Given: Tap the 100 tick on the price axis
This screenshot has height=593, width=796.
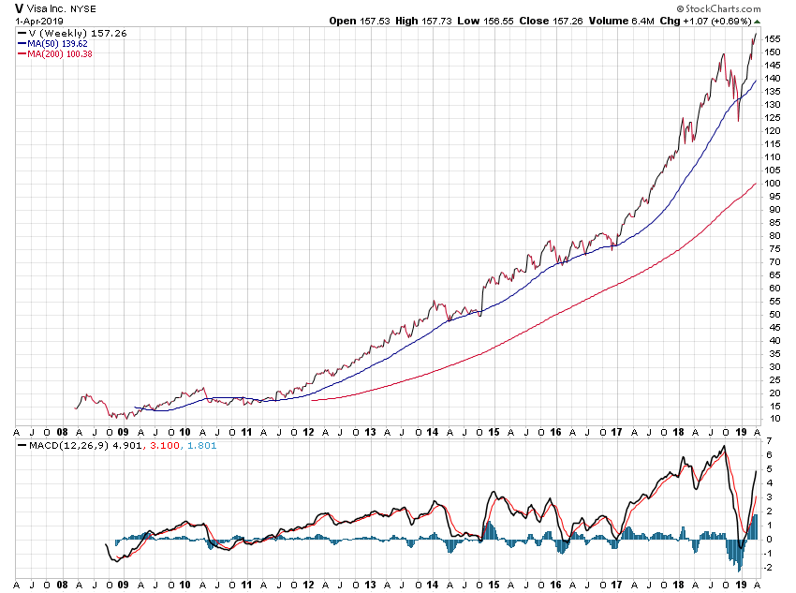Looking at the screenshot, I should pyautogui.click(x=773, y=183).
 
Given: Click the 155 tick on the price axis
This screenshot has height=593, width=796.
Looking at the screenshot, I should pyautogui.click(x=773, y=38).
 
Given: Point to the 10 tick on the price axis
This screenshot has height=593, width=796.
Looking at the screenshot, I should pyautogui.click(x=771, y=419).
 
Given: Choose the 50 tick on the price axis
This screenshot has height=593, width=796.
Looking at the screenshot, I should pyautogui.click(x=771, y=314).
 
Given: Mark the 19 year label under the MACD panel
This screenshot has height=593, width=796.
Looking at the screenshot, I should pyautogui.click(x=740, y=583).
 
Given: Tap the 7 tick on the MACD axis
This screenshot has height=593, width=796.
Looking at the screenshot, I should pyautogui.click(x=768, y=440).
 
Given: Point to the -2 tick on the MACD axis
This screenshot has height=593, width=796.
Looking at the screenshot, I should pyautogui.click(x=768, y=567).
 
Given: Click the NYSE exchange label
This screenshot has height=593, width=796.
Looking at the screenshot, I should pyautogui.click(x=83, y=9).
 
